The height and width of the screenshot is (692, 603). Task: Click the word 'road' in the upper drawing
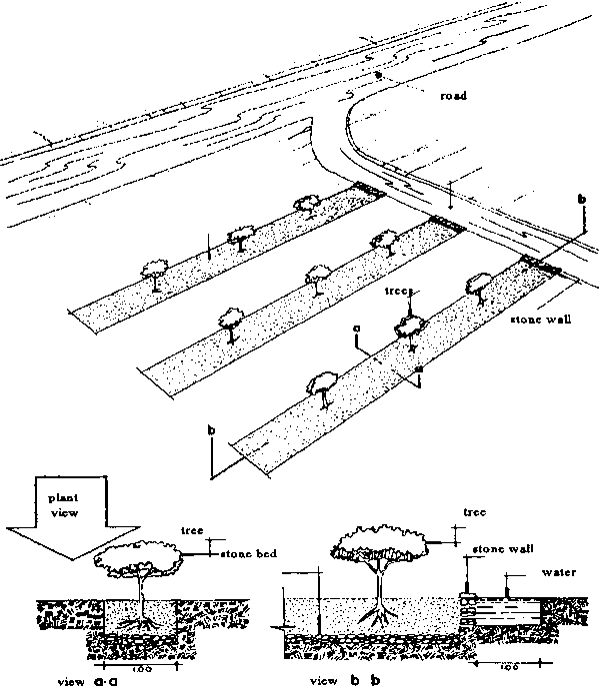(x=454, y=98)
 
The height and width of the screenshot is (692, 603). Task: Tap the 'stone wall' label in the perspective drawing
(x=540, y=321)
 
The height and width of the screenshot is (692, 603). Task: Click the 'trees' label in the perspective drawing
(x=400, y=295)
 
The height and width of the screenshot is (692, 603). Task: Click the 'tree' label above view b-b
(x=475, y=511)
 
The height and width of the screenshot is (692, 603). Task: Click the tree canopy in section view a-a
(x=140, y=563)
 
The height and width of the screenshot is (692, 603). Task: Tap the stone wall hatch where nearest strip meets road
(x=539, y=265)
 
